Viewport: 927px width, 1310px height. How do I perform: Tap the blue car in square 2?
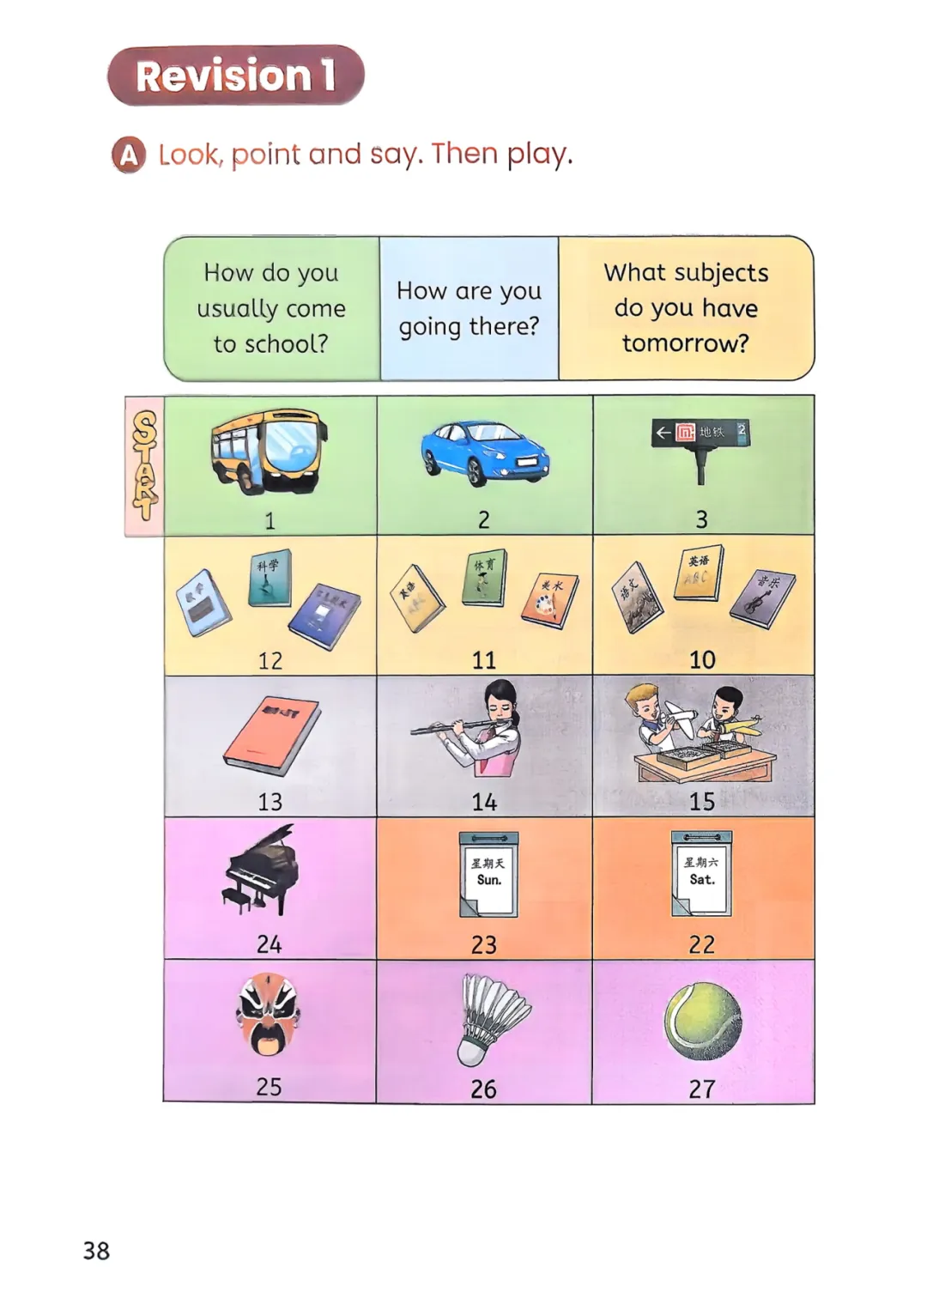click(484, 452)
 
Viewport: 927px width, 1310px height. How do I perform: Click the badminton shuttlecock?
click(491, 1019)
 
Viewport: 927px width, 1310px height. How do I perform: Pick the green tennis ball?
click(702, 1022)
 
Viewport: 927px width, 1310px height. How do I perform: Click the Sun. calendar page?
click(488, 874)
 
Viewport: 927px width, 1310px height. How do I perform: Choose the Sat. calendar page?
click(701, 873)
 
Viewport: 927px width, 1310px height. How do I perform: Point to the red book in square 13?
click(271, 735)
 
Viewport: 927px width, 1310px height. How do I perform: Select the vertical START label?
click(144, 466)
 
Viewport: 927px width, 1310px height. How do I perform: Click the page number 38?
click(96, 1250)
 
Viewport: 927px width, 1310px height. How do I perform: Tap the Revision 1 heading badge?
click(235, 76)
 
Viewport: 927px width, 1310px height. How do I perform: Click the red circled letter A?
click(129, 155)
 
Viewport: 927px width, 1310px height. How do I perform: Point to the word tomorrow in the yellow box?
click(685, 343)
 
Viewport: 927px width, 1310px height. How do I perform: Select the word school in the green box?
click(286, 344)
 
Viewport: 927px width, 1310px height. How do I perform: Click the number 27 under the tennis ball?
click(701, 1089)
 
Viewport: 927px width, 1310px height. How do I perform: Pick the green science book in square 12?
click(270, 579)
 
